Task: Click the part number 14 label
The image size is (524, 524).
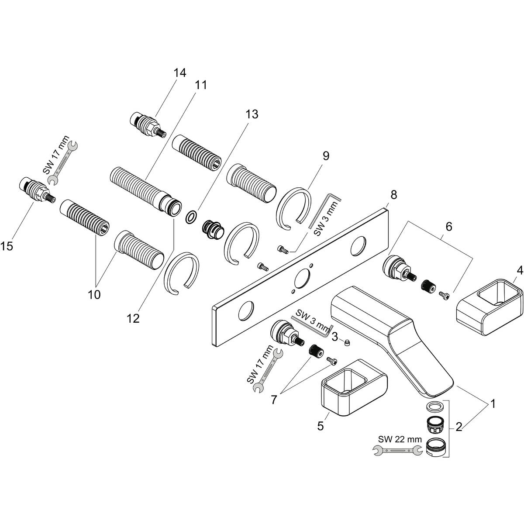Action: pyautogui.click(x=179, y=73)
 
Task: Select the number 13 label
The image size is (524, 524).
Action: pyautogui.click(x=252, y=114)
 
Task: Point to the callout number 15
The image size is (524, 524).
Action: pyautogui.click(x=7, y=246)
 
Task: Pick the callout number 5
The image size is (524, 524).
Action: pyautogui.click(x=321, y=426)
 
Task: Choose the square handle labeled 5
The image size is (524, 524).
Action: pyautogui.click(x=354, y=389)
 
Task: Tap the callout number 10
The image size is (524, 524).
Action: pyautogui.click(x=94, y=294)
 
